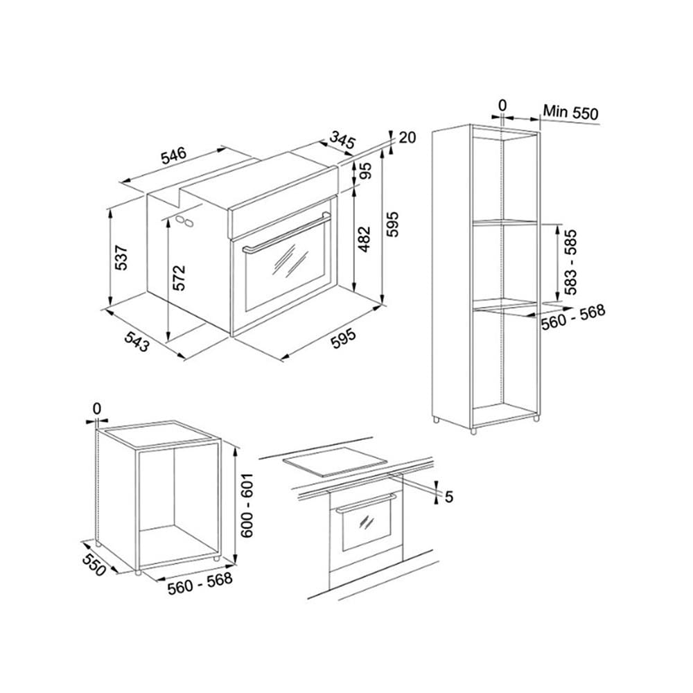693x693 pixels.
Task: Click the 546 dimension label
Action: (174, 156)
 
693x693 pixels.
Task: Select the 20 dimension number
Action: (407, 137)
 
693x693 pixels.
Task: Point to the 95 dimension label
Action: (365, 170)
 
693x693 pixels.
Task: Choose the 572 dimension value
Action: (179, 278)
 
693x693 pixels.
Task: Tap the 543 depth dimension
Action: (136, 341)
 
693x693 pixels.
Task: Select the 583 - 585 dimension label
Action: (570, 262)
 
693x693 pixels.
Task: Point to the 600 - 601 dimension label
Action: (246, 505)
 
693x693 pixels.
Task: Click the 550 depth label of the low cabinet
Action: (94, 564)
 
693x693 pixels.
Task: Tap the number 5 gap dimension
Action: (448, 497)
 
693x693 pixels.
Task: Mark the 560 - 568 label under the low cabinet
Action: (200, 584)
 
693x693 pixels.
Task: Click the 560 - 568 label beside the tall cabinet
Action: (573, 317)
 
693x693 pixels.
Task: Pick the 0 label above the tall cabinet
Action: (502, 105)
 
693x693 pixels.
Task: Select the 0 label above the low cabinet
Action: (97, 408)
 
